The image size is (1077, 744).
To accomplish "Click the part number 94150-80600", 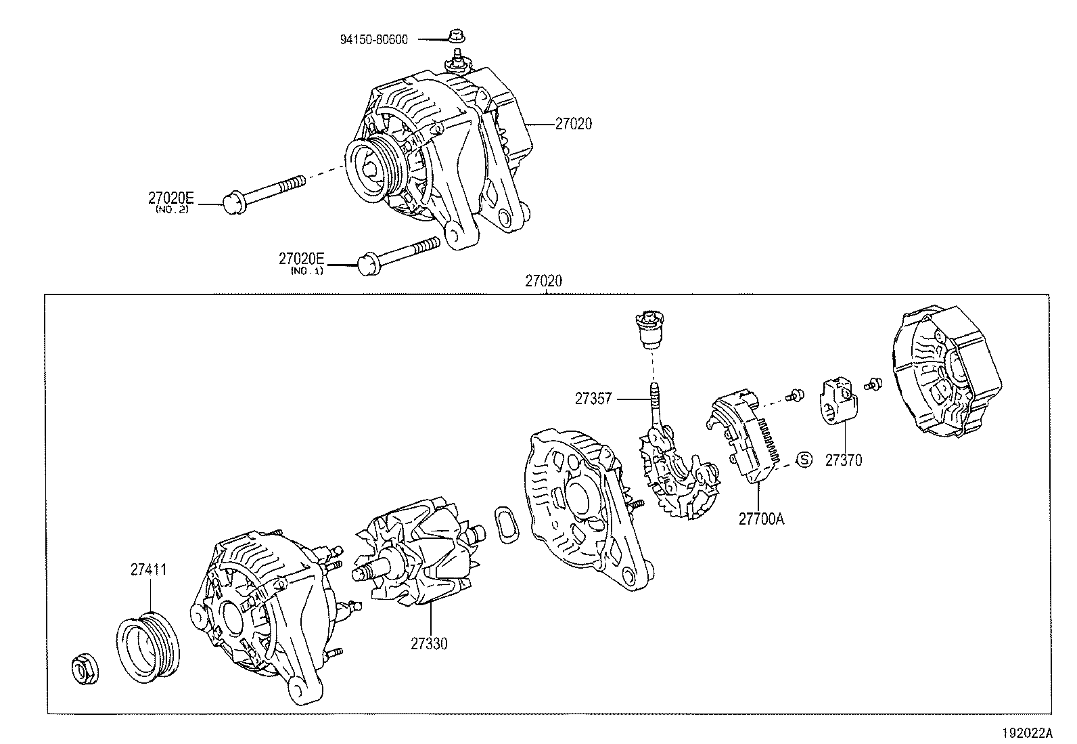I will pos(373,39).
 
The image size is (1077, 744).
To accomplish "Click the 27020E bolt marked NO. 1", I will pos(399,254).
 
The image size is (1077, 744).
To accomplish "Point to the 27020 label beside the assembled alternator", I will pos(573,124).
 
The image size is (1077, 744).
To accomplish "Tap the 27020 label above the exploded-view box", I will pos(543,281).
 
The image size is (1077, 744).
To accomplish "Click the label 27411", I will pos(149,570).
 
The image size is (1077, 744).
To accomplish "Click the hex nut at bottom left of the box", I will pos(86,670).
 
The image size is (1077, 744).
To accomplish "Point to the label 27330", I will pos(428,644).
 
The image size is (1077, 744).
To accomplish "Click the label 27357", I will pos(593,399).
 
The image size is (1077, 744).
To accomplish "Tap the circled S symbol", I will pos(804,460).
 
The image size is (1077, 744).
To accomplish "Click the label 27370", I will pos(844,460).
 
